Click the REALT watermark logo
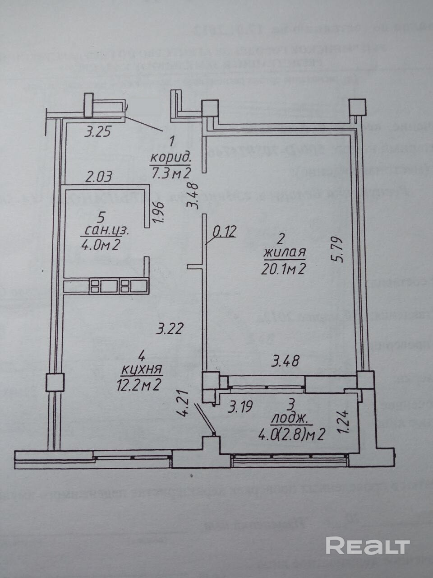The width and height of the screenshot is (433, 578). click(368, 545)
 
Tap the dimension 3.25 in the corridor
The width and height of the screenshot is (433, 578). click(98, 132)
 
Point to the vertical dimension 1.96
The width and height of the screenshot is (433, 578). click(157, 212)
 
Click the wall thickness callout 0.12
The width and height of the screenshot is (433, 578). click(224, 232)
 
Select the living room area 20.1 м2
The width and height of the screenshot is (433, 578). click(284, 270)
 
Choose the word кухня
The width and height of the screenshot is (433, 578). click(142, 370)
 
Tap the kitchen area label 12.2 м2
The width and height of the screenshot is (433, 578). click(138, 386)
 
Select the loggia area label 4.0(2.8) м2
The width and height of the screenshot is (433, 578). click(292, 434)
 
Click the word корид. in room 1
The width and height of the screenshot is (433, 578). click(171, 158)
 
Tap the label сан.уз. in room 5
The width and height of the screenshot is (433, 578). click(106, 231)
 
